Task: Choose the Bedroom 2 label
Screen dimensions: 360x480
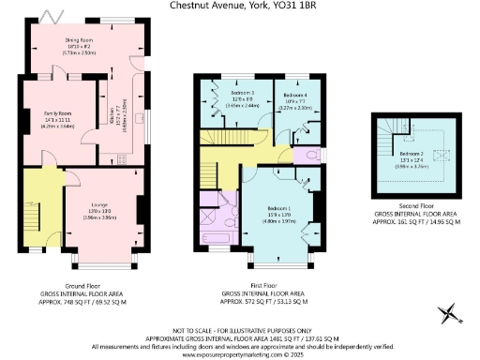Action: (x=413, y=152)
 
